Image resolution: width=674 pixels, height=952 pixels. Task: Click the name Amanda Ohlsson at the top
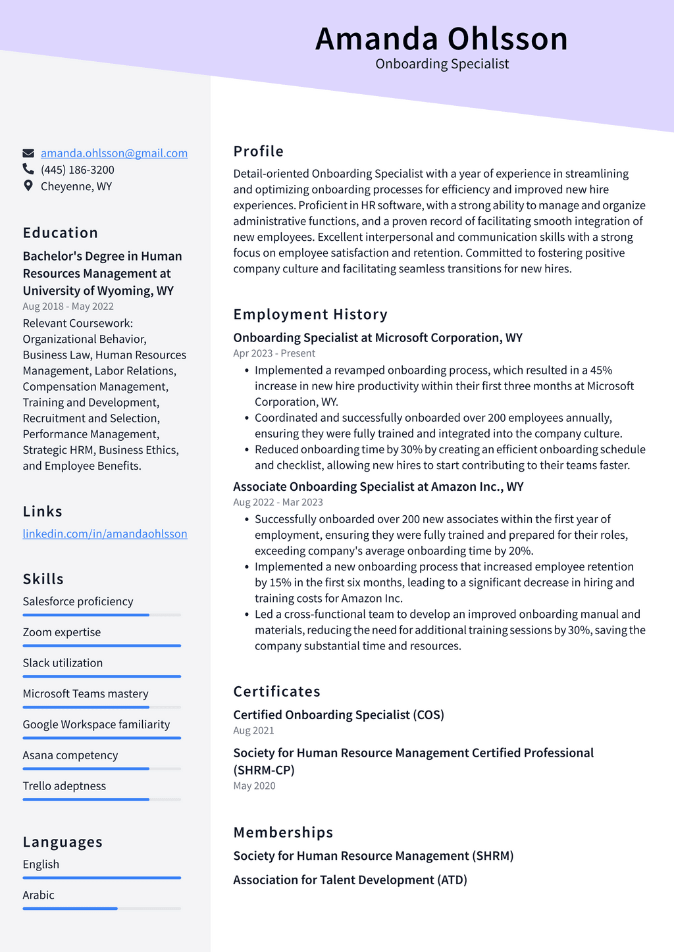pyautogui.click(x=441, y=39)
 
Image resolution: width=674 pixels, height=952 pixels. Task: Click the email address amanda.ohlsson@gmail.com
pyautogui.click(x=114, y=153)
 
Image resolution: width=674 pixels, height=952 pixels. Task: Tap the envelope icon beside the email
pyautogui.click(x=28, y=153)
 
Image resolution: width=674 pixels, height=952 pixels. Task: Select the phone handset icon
pyautogui.click(x=28, y=170)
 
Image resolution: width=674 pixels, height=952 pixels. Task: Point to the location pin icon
pyautogui.click(x=28, y=186)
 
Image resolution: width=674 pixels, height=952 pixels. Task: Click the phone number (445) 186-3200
pyautogui.click(x=77, y=170)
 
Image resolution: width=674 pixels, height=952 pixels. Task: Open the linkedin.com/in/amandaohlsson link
pyautogui.click(x=105, y=534)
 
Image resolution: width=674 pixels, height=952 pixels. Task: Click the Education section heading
pyautogui.click(x=61, y=233)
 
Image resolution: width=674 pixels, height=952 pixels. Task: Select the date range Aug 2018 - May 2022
pyautogui.click(x=68, y=307)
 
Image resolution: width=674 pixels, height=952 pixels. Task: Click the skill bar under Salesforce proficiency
pyautogui.click(x=101, y=615)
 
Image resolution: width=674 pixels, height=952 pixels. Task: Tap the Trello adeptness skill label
pyautogui.click(x=64, y=786)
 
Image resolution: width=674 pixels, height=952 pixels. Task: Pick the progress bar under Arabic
pyautogui.click(x=101, y=909)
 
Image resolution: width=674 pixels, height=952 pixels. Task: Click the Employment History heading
pyautogui.click(x=310, y=314)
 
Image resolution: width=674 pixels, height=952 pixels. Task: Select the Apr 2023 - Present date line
pyautogui.click(x=274, y=353)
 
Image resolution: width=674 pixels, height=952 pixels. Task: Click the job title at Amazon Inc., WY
pyautogui.click(x=378, y=487)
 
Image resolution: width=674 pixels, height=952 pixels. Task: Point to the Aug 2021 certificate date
pyautogui.click(x=253, y=731)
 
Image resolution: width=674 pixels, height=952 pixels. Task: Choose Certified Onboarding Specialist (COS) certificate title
pyautogui.click(x=338, y=715)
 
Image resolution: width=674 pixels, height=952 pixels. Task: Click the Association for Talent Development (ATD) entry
pyautogui.click(x=350, y=880)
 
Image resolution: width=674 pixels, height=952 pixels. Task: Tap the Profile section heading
pyautogui.click(x=258, y=151)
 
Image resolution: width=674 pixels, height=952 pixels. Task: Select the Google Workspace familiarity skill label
pyautogui.click(x=96, y=724)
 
